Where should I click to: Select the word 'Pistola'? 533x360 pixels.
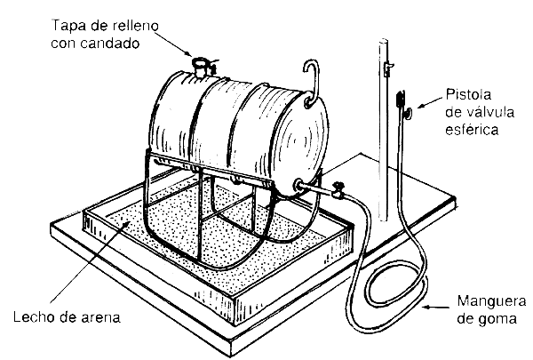click(x=469, y=94)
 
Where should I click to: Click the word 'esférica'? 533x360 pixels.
click(x=472, y=130)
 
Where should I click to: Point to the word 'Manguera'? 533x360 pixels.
click(x=491, y=300)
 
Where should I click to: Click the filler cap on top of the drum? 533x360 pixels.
click(x=200, y=67)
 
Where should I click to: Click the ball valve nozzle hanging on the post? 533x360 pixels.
click(x=402, y=105)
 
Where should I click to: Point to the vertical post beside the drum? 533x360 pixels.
click(x=384, y=129)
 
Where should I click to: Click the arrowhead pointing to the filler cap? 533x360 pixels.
click(x=188, y=53)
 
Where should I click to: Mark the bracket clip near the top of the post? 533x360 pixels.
click(x=387, y=68)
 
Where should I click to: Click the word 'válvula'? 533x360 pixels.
click(x=480, y=112)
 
